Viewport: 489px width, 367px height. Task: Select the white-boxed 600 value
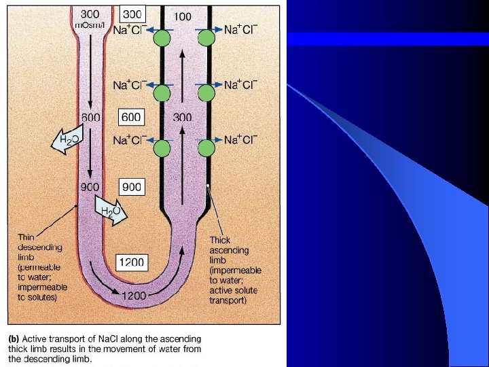pyautogui.click(x=131, y=118)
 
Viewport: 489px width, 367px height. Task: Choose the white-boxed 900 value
pyautogui.click(x=131, y=186)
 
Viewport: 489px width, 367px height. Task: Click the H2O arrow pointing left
pyautogui.click(x=67, y=142)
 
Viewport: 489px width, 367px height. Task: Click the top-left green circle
pyautogui.click(x=161, y=39)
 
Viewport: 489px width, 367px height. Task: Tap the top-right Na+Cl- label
pyautogui.click(x=240, y=30)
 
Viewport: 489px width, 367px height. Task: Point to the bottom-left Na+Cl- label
pyautogui.click(x=129, y=140)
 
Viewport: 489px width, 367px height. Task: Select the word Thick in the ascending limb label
pyautogui.click(x=220, y=240)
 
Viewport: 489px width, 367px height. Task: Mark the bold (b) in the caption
pyautogui.click(x=14, y=338)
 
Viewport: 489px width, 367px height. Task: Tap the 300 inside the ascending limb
pyautogui.click(x=182, y=118)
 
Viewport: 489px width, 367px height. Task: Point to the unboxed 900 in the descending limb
pyautogui.click(x=91, y=186)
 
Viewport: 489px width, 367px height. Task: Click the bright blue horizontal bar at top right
pyautogui.click(x=388, y=39)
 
